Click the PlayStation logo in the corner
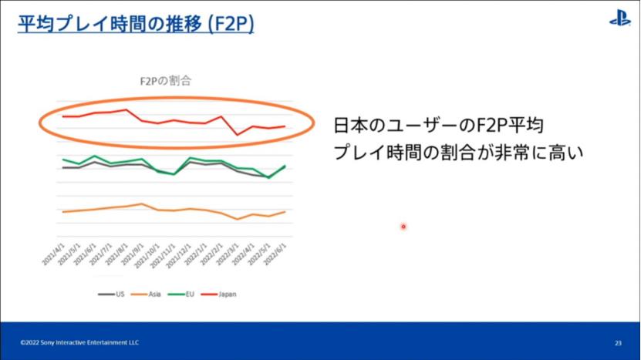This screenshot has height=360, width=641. click(619, 19)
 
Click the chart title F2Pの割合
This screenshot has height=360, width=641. click(164, 79)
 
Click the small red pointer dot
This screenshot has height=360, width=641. click(403, 227)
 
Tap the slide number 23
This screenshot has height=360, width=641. click(618, 342)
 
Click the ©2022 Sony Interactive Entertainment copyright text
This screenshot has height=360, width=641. click(80, 342)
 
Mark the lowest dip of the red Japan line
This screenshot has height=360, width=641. click(238, 135)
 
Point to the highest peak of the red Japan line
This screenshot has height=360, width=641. click(126, 109)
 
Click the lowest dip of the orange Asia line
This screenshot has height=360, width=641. click(238, 219)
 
